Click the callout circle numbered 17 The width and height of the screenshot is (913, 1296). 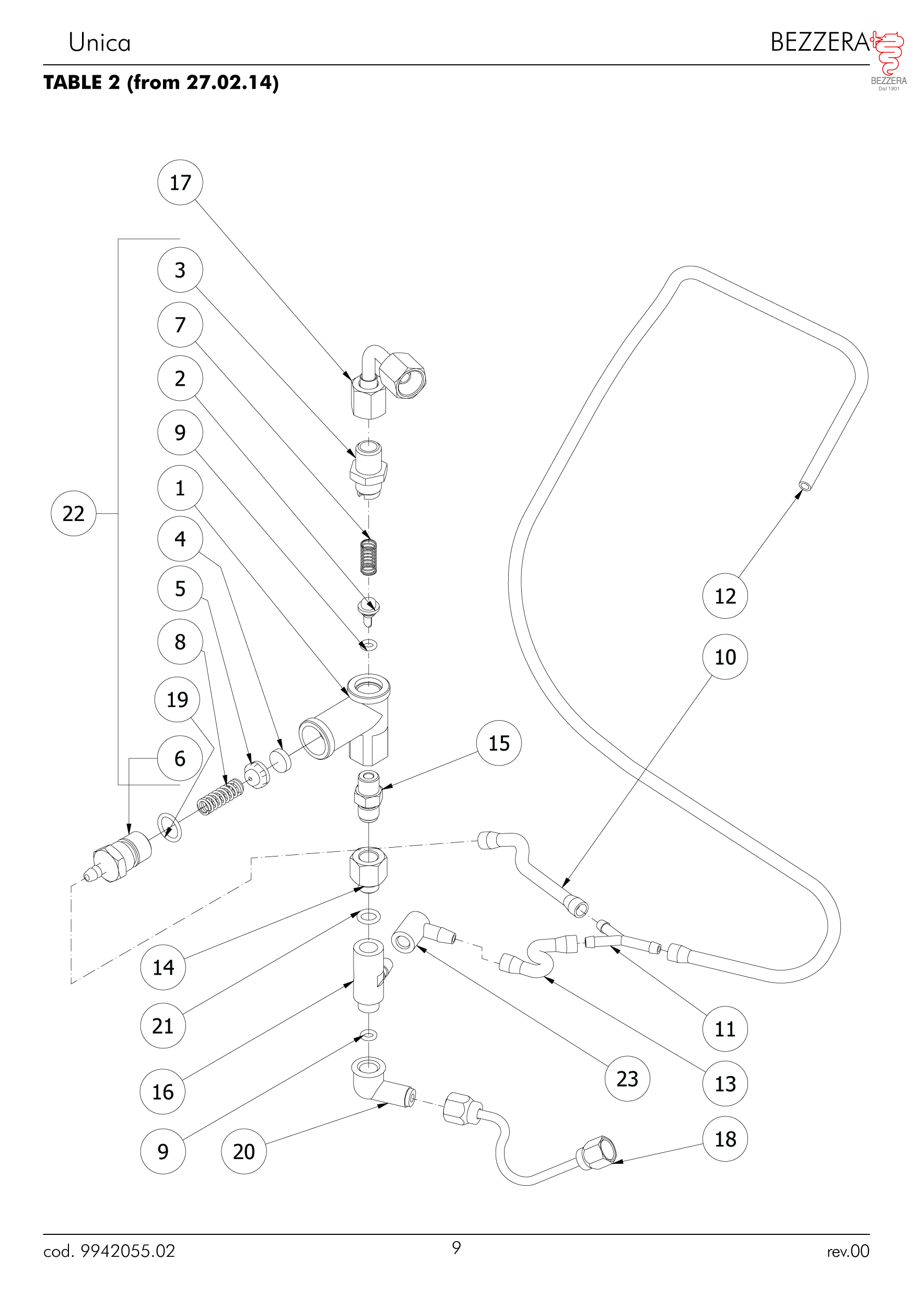tap(180, 182)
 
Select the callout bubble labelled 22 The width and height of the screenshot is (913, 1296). tap(73, 513)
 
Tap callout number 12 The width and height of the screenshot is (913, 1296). tap(725, 596)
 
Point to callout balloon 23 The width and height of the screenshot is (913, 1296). tap(627, 1079)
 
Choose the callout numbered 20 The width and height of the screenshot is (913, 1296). tap(244, 1151)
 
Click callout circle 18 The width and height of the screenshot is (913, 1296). tap(725, 1139)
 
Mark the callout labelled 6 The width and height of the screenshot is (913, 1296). tap(180, 759)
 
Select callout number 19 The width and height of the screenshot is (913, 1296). tap(177, 700)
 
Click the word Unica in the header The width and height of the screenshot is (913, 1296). tap(100, 43)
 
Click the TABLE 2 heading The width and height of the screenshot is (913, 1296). tap(161, 83)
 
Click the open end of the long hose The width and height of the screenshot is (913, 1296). tap(805, 485)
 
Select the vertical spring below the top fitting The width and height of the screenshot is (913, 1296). tap(368, 556)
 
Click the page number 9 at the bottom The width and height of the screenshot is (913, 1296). tap(456, 1247)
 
